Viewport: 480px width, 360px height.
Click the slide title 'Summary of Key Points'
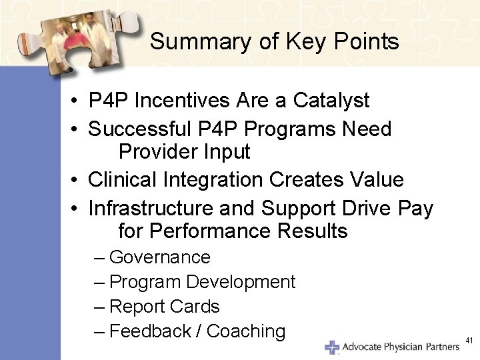coord(274,42)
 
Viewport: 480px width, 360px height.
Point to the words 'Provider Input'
coord(184,152)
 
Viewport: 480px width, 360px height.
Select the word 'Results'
coord(314,232)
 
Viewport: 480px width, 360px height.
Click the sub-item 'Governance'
coord(159,257)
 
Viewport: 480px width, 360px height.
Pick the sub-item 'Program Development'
coord(202,282)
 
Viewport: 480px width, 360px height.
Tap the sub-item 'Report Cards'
coord(164,307)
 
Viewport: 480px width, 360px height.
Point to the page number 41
coord(469,341)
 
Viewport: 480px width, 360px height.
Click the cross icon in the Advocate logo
coord(331,347)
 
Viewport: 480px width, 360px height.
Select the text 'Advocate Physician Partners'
coord(401,347)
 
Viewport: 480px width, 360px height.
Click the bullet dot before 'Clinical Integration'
coord(78,180)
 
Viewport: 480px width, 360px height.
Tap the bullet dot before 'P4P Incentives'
coord(78,101)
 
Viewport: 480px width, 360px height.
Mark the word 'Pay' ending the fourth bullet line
coord(415,208)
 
